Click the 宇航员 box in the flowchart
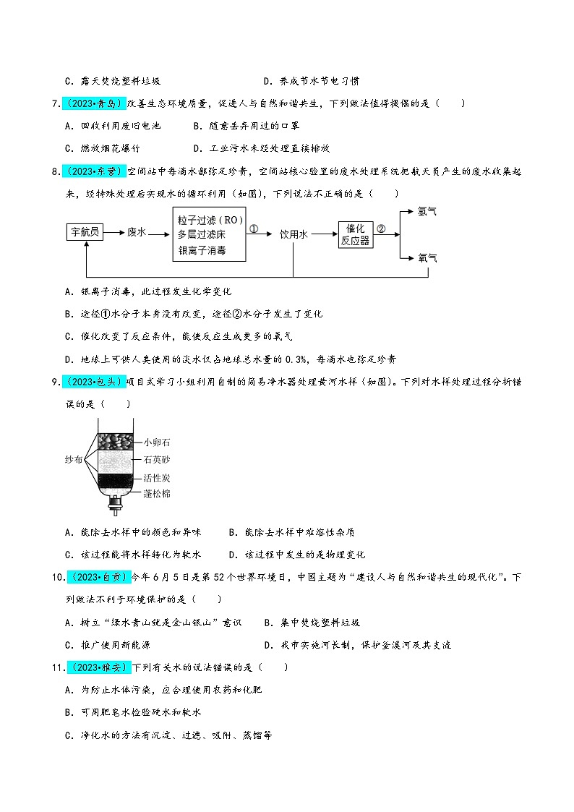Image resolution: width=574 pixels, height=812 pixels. [85, 232]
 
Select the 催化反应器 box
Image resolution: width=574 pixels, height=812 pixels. [356, 234]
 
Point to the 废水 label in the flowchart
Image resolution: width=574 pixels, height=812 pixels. [137, 232]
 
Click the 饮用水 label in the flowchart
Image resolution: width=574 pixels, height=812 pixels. [294, 234]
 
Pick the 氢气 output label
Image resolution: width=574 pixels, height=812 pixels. [427, 212]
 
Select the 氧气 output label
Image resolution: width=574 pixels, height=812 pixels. [427, 257]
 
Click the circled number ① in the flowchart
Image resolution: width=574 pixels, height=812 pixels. [254, 228]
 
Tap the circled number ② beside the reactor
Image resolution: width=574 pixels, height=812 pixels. [381, 228]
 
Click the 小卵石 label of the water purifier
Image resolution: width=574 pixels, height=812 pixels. [157, 442]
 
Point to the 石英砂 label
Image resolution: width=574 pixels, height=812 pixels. [157, 460]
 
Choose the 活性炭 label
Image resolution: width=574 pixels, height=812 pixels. [157, 478]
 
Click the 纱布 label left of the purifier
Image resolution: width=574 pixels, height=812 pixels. [74, 458]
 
